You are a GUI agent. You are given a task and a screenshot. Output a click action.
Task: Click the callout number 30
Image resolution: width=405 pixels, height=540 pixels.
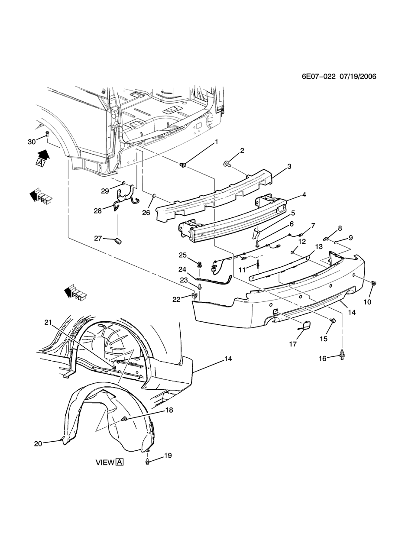[x=32, y=142]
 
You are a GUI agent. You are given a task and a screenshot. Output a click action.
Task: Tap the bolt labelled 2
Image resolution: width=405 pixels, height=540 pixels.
[x=227, y=164]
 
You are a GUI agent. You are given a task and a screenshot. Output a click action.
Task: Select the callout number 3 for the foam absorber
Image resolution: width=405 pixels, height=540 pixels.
[x=289, y=167]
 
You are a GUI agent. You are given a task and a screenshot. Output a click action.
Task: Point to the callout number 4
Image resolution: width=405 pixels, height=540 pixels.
[x=304, y=194]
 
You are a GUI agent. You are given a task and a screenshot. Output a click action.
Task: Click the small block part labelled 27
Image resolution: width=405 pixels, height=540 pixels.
[x=119, y=241]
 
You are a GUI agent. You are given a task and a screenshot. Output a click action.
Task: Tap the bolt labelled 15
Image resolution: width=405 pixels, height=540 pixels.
[x=333, y=320]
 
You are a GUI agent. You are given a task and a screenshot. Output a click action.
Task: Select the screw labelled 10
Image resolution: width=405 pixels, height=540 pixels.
[x=373, y=284]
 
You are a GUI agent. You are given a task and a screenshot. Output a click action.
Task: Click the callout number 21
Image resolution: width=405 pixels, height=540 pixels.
[x=48, y=322]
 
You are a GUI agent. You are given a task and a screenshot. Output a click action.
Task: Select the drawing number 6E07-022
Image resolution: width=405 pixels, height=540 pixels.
[x=319, y=77]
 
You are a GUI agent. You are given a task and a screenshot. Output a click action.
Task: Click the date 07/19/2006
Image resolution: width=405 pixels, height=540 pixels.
[x=358, y=77]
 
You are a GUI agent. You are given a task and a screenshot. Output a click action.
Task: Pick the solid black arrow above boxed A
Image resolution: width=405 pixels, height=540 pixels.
[x=43, y=154]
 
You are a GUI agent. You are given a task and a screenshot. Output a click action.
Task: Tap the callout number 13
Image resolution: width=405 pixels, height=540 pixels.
[x=319, y=247]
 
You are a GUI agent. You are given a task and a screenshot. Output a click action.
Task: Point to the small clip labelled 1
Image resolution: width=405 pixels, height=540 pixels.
[x=182, y=165]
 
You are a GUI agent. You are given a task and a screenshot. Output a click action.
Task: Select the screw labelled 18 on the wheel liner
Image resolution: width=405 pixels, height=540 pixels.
[x=124, y=418]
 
